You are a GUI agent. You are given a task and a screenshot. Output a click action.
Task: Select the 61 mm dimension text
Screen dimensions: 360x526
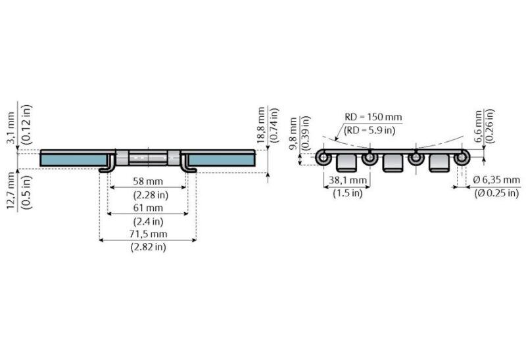(x=148, y=208)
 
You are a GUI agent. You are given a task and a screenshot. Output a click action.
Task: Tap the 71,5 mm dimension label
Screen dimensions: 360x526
(x=148, y=234)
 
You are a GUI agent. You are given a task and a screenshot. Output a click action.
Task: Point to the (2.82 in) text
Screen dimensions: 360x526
(x=148, y=247)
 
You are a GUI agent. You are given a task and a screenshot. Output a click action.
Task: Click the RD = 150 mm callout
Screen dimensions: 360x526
(x=373, y=118)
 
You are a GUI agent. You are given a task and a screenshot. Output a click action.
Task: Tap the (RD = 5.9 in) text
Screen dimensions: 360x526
(x=370, y=130)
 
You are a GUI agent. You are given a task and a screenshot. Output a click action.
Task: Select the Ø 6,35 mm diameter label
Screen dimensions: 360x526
(x=496, y=180)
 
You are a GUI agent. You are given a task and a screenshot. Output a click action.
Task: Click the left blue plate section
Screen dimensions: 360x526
(x=74, y=158)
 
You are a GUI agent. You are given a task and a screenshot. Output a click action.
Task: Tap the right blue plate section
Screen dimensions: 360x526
(x=223, y=158)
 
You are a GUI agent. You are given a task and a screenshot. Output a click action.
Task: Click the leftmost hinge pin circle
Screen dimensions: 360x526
(x=323, y=158)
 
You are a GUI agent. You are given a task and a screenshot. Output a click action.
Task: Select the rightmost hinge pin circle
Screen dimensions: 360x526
(x=462, y=158)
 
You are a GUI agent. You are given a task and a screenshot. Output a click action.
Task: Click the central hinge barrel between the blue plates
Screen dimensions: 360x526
(x=148, y=158)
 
